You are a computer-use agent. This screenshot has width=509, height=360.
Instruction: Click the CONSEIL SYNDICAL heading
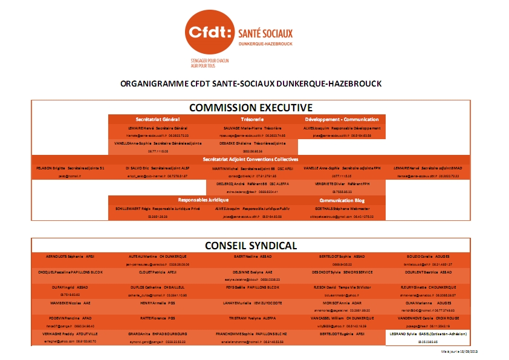click(250, 245)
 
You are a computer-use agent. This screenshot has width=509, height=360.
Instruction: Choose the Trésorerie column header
click(252, 119)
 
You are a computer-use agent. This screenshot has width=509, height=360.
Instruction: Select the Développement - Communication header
click(342, 119)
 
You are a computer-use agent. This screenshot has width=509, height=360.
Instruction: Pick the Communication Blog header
click(342, 199)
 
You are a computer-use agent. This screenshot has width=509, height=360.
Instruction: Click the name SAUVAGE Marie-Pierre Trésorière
click(253, 128)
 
